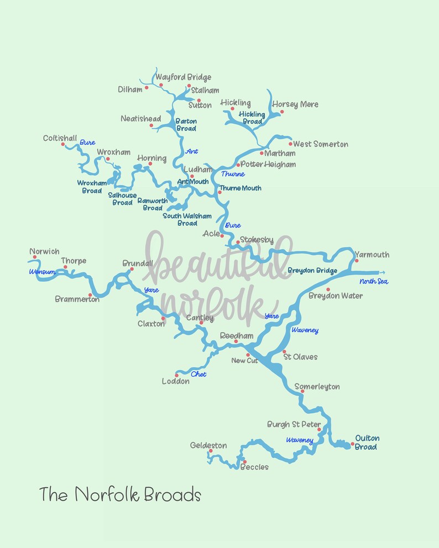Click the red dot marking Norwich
click(34, 257)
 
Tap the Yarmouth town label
click(372, 255)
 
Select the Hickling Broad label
click(252, 118)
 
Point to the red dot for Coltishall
click(63, 144)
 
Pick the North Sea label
click(374, 282)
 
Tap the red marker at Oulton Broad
click(352, 444)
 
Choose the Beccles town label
click(254, 467)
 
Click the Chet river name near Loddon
click(198, 374)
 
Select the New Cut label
click(244, 361)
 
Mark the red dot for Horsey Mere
click(281, 112)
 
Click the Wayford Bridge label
click(183, 77)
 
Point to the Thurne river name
click(232, 174)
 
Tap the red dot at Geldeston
click(211, 451)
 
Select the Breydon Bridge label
click(312, 270)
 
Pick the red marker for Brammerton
click(90, 295)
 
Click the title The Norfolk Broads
click(120, 494)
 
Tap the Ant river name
click(192, 151)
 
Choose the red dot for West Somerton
click(290, 144)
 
